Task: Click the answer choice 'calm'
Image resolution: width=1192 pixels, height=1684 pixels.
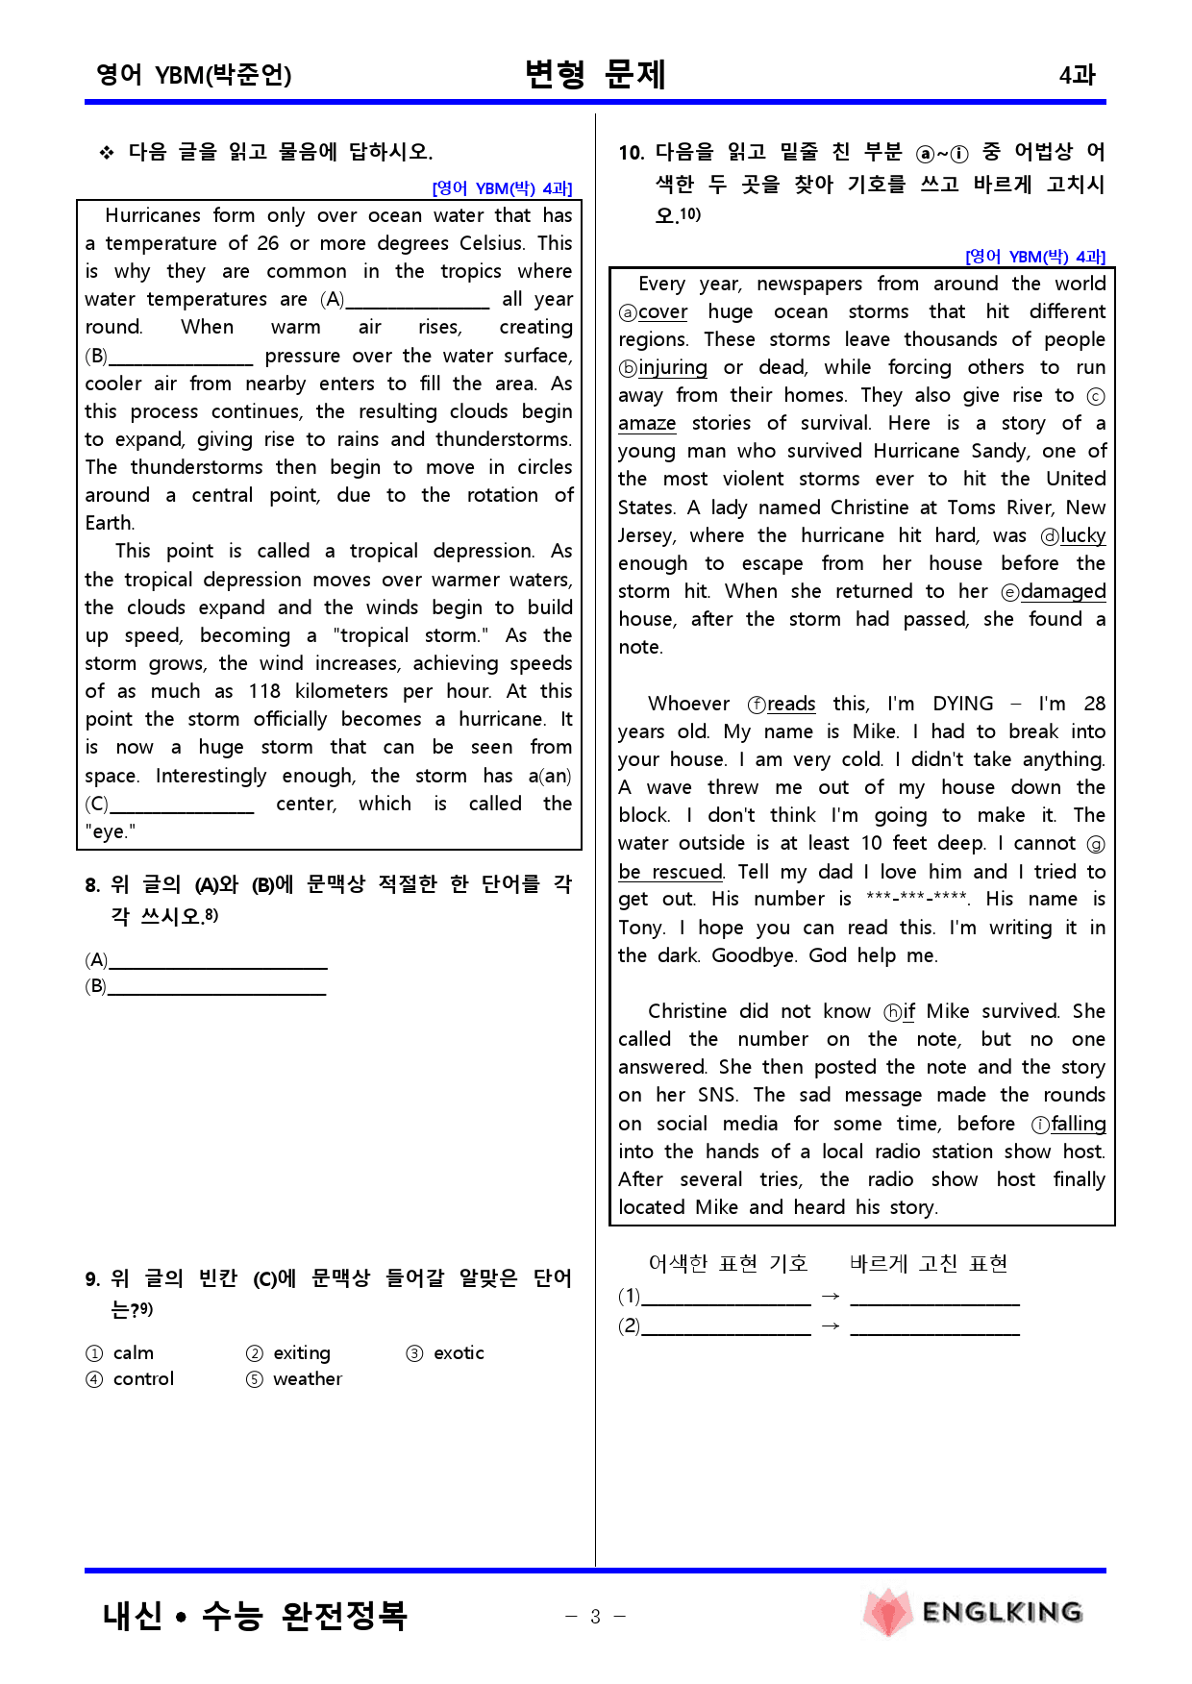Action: [x=133, y=1353]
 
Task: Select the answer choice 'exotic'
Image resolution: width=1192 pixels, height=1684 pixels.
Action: [x=459, y=1353]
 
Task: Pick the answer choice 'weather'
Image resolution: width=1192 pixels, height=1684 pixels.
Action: [x=308, y=1379]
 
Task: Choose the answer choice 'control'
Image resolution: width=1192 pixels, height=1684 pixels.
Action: [x=143, y=1379]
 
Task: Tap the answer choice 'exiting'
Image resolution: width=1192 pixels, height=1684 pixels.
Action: [x=302, y=1353]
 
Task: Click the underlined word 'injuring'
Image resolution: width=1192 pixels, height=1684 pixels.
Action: [x=673, y=368]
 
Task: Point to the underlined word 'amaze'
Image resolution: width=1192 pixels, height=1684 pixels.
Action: [x=647, y=424]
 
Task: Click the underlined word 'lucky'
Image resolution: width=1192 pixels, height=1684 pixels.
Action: [x=1083, y=536]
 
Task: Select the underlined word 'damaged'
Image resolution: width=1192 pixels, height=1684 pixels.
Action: [x=1063, y=592]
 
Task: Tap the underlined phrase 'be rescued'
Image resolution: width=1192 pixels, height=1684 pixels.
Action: [x=670, y=872]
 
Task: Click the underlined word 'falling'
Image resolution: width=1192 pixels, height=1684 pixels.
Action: [x=1079, y=1125]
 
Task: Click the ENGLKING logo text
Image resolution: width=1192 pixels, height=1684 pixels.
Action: [x=1002, y=1612]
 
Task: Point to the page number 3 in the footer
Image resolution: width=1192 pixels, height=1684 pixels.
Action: [x=595, y=1617]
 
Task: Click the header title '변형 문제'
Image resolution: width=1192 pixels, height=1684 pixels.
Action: [x=595, y=74]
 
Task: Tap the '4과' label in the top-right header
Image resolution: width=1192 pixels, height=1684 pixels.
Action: [x=1077, y=75]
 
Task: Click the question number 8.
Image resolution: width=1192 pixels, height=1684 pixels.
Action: [x=92, y=885]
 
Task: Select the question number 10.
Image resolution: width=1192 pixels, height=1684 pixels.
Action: [x=631, y=153]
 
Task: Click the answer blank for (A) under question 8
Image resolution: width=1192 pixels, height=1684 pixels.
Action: [x=218, y=960]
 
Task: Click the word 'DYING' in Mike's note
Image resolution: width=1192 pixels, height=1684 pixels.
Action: [x=962, y=704]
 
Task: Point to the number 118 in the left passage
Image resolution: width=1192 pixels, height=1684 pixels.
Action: [x=264, y=692]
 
